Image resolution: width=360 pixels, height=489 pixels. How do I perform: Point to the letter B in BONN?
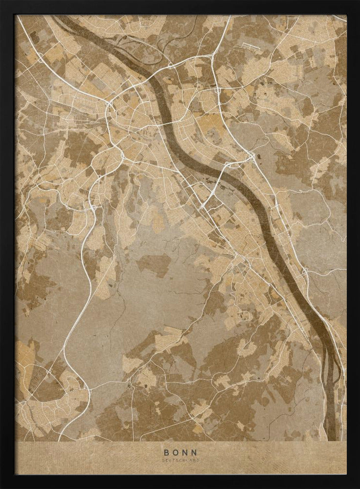[x=167, y=453]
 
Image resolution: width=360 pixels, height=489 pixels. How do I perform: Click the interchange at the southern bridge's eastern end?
[x=251, y=157]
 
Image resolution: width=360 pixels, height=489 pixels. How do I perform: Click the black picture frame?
[x=7, y=244]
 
